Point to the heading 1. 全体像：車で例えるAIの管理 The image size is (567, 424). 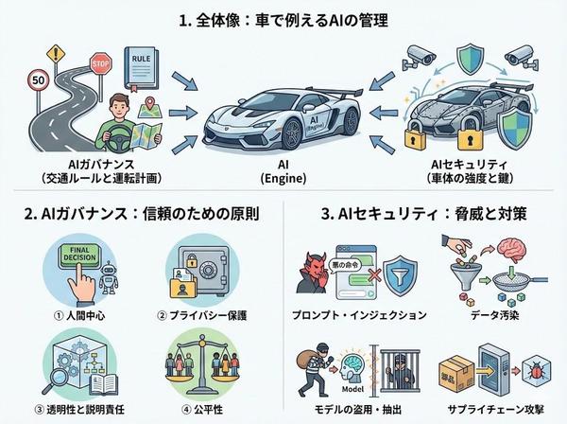tap(283, 17)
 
